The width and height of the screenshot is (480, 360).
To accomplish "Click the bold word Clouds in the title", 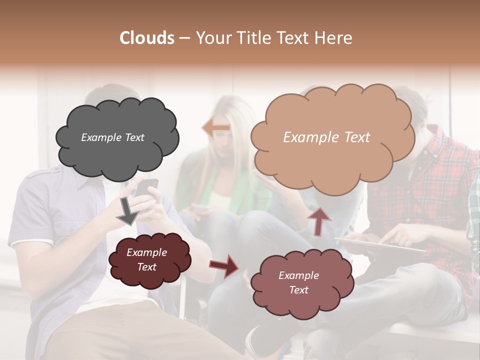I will (147, 38).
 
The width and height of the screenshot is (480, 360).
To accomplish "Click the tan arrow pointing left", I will (216, 128).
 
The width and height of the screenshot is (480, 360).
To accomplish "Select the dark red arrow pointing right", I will (224, 265).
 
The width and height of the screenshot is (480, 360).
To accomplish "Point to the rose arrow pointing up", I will (319, 220).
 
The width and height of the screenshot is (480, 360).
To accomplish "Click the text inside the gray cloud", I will (112, 137).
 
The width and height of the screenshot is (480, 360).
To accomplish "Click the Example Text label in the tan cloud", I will (326, 137).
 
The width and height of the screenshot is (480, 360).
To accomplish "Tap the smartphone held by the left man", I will (147, 187).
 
